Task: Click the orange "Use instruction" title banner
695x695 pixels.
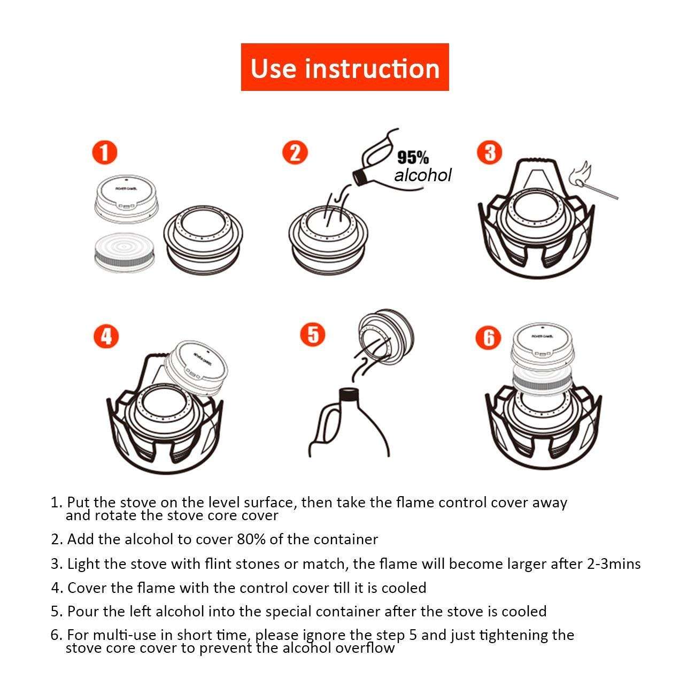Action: pos(345,67)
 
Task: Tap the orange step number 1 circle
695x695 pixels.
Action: pos(104,152)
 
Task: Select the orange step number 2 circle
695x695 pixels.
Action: pos(295,152)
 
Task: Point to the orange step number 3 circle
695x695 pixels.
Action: pos(490,152)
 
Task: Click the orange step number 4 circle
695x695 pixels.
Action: pos(106,337)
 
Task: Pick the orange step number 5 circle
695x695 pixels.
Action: pos(313,335)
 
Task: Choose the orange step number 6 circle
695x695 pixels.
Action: pos(489,337)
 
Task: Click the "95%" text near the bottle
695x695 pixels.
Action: pos(413,158)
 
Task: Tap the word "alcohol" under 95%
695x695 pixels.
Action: pos(423,175)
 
